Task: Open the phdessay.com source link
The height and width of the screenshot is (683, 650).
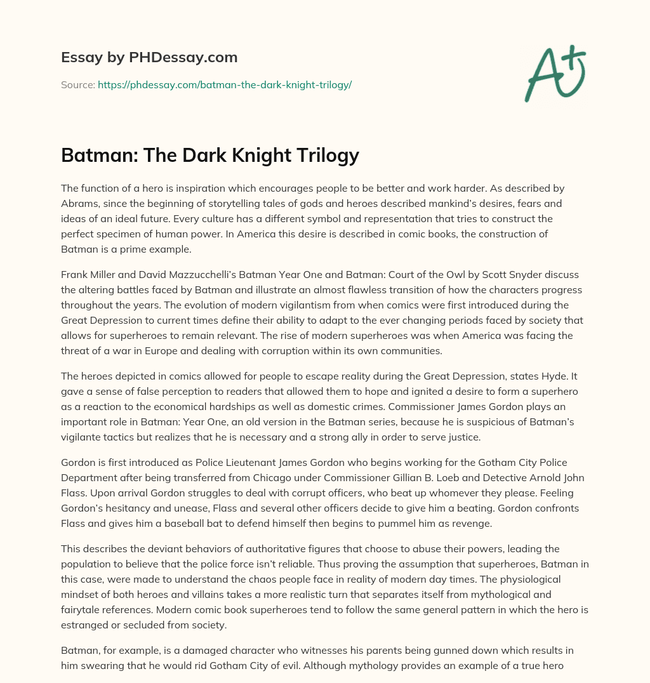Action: (x=224, y=84)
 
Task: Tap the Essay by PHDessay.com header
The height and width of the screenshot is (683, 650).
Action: (x=149, y=57)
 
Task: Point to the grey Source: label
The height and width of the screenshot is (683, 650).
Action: (x=77, y=84)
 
